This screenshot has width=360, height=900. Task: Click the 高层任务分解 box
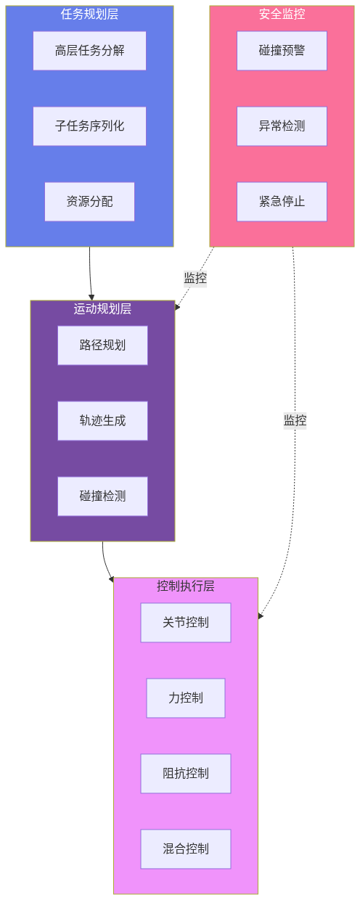pos(89,51)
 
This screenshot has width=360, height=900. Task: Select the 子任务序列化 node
pos(89,126)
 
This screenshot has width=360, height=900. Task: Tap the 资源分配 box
pos(89,202)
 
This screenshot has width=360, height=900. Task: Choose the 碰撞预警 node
pos(282,51)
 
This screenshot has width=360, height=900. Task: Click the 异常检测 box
pos(282,126)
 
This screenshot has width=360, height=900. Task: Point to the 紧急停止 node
pos(282,202)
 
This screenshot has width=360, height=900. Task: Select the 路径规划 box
pos(102,345)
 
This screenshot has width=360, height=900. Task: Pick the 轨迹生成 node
pos(102,421)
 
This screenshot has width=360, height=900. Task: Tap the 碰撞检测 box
pos(102,496)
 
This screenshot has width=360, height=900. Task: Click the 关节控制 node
pos(186,623)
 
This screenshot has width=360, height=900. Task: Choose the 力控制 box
pos(186,698)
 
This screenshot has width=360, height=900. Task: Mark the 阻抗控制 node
pos(186,774)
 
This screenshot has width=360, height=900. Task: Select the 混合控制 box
pos(186,849)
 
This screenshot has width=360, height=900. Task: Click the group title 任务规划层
pos(89,14)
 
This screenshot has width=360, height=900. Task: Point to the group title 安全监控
pos(282,14)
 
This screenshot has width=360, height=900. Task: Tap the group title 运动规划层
pos(102,308)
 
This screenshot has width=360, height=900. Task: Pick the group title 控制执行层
pos(186,586)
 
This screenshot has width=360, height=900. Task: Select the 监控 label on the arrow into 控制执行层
pos(295,421)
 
